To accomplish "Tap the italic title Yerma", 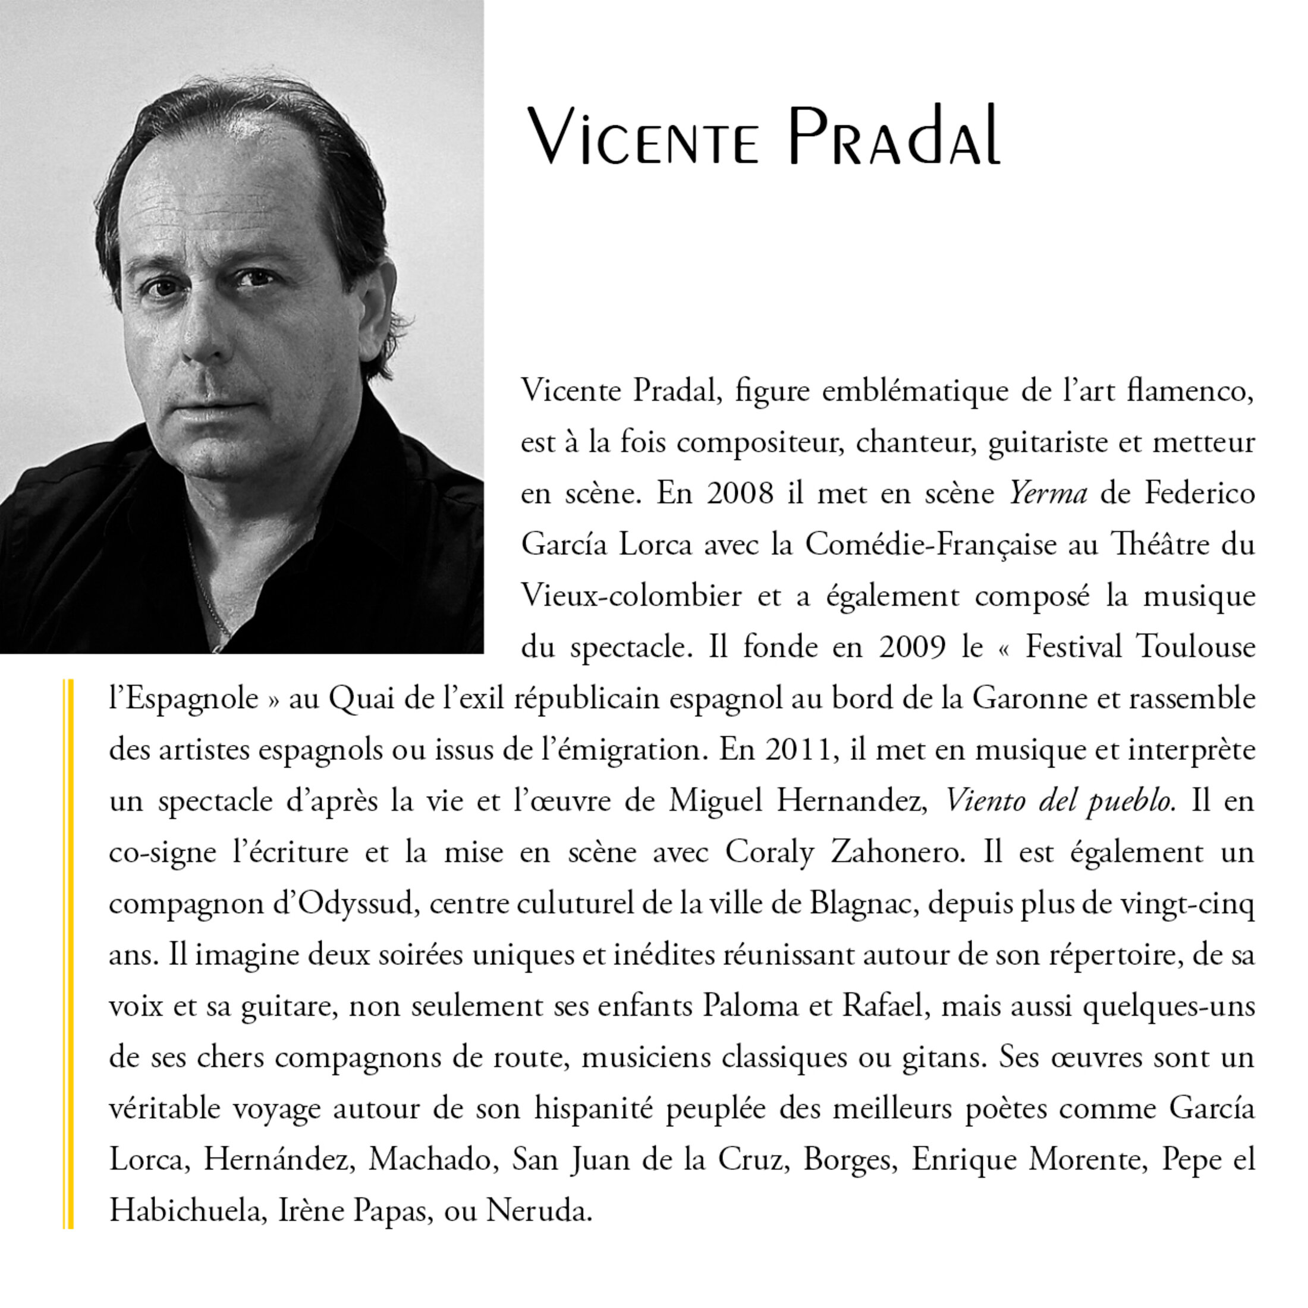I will tap(1048, 493).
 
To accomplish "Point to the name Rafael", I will tap(883, 1006).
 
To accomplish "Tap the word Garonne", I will tap(1030, 698).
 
